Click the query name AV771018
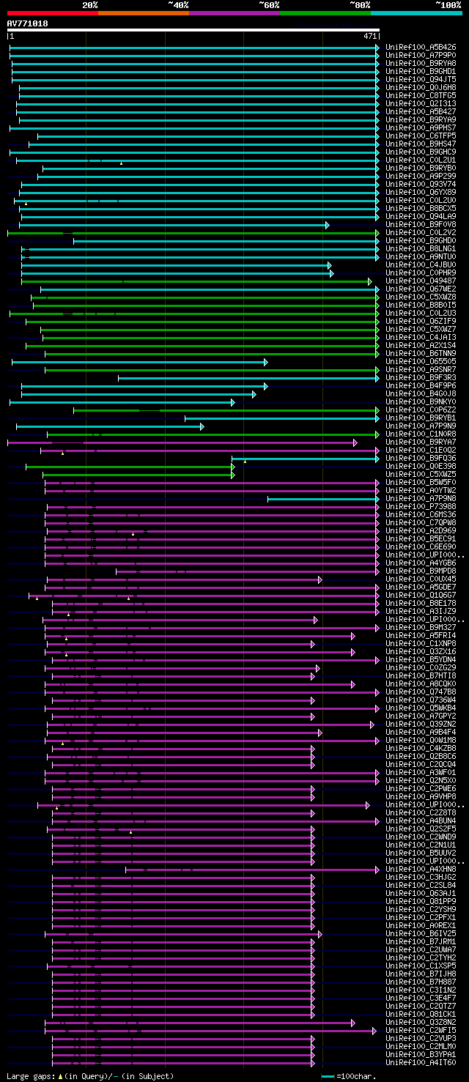(27, 23)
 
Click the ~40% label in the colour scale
(178, 5)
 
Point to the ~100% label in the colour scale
(448, 5)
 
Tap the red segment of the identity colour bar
(52, 13)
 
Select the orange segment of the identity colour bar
(143, 13)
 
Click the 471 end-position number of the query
(370, 35)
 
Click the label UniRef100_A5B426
(421, 48)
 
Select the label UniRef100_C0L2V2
(421, 233)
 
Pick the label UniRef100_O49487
(421, 281)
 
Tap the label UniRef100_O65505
(421, 362)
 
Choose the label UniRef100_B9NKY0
(421, 402)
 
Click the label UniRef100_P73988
(421, 507)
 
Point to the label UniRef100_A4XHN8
(421, 870)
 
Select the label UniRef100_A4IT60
(421, 1063)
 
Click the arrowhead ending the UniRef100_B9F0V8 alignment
(328, 225)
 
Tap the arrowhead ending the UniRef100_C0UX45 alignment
(320, 579)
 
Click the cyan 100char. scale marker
(328, 1076)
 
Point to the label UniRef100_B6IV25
(421, 934)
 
